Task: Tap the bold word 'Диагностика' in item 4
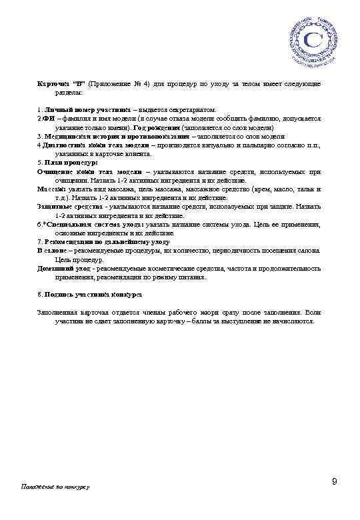coord(65,145)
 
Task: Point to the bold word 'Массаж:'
coord(51,189)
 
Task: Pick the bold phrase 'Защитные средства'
coord(64,207)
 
